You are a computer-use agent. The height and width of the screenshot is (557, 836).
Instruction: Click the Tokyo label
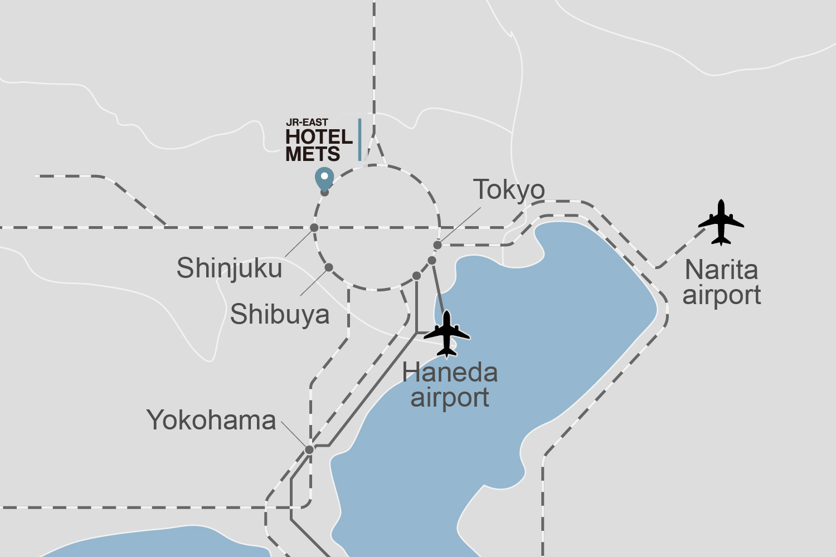point(509,190)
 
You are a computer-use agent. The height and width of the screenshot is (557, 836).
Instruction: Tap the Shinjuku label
point(229,268)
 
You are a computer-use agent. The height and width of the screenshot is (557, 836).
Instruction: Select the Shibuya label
point(280,315)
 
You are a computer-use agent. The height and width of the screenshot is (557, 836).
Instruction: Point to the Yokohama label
point(211,421)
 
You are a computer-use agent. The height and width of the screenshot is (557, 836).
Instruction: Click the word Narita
point(721,270)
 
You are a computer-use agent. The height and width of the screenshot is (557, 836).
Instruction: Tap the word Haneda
point(450,373)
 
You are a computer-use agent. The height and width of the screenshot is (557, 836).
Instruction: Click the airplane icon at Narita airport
point(721,222)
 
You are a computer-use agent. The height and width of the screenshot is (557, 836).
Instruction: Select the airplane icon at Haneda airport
point(447,334)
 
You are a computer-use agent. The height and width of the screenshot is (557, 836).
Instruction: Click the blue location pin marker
point(324,178)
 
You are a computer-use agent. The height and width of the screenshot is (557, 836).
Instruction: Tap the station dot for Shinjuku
point(314,227)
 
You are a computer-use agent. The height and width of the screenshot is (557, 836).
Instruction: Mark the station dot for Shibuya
point(329,267)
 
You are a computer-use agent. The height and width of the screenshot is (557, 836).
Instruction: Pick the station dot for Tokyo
point(438,245)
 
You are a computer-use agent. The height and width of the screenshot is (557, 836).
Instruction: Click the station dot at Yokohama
point(309,449)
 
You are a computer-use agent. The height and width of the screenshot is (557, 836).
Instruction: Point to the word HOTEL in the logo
point(319,137)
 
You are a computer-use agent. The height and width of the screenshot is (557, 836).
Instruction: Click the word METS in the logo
point(313,154)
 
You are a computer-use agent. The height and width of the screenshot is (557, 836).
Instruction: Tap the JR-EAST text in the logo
point(307,123)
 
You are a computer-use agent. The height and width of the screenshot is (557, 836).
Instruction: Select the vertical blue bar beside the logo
point(359,139)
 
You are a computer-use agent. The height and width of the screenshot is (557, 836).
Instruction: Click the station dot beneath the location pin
point(325,193)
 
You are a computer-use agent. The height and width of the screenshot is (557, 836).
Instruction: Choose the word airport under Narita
point(722,295)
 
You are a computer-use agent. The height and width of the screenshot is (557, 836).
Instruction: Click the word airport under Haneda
point(450,398)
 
